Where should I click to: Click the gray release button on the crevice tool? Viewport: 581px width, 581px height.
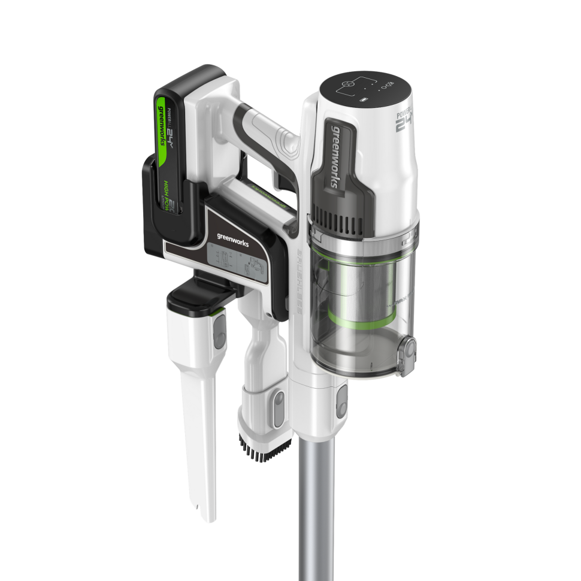click(x=220, y=329)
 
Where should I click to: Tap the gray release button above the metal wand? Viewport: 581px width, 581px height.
click(x=341, y=401)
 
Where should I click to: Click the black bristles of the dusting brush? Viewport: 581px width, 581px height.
click(x=264, y=449)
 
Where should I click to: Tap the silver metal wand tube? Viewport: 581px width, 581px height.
click(x=317, y=509)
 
